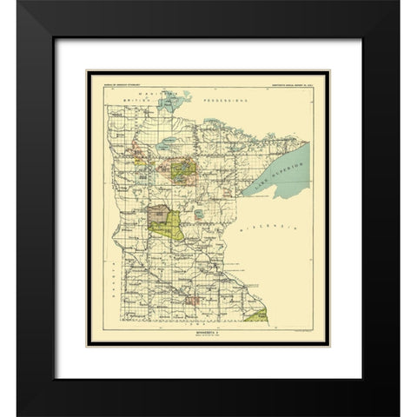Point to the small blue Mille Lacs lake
[x=200, y=213]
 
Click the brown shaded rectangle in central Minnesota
[x=158, y=211]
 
